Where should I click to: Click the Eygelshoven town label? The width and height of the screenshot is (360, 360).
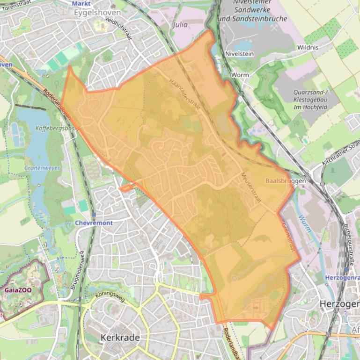(x=97, y=13)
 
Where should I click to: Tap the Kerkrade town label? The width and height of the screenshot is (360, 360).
(x=120, y=338)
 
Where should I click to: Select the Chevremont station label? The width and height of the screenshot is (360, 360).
(x=94, y=223)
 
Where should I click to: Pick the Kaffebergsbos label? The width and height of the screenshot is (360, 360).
(x=52, y=128)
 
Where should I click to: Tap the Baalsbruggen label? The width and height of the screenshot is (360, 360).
(x=285, y=180)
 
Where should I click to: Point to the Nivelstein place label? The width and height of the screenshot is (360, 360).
(x=239, y=54)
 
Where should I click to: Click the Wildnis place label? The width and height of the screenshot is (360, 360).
(x=308, y=48)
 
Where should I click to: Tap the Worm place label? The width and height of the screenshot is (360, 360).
(x=240, y=75)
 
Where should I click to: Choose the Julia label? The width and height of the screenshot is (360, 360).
(x=180, y=24)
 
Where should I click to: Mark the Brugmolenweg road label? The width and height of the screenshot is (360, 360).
(x=78, y=272)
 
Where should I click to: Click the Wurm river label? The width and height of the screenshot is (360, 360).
(x=305, y=221)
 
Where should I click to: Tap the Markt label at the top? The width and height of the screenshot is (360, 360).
(x=81, y=3)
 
